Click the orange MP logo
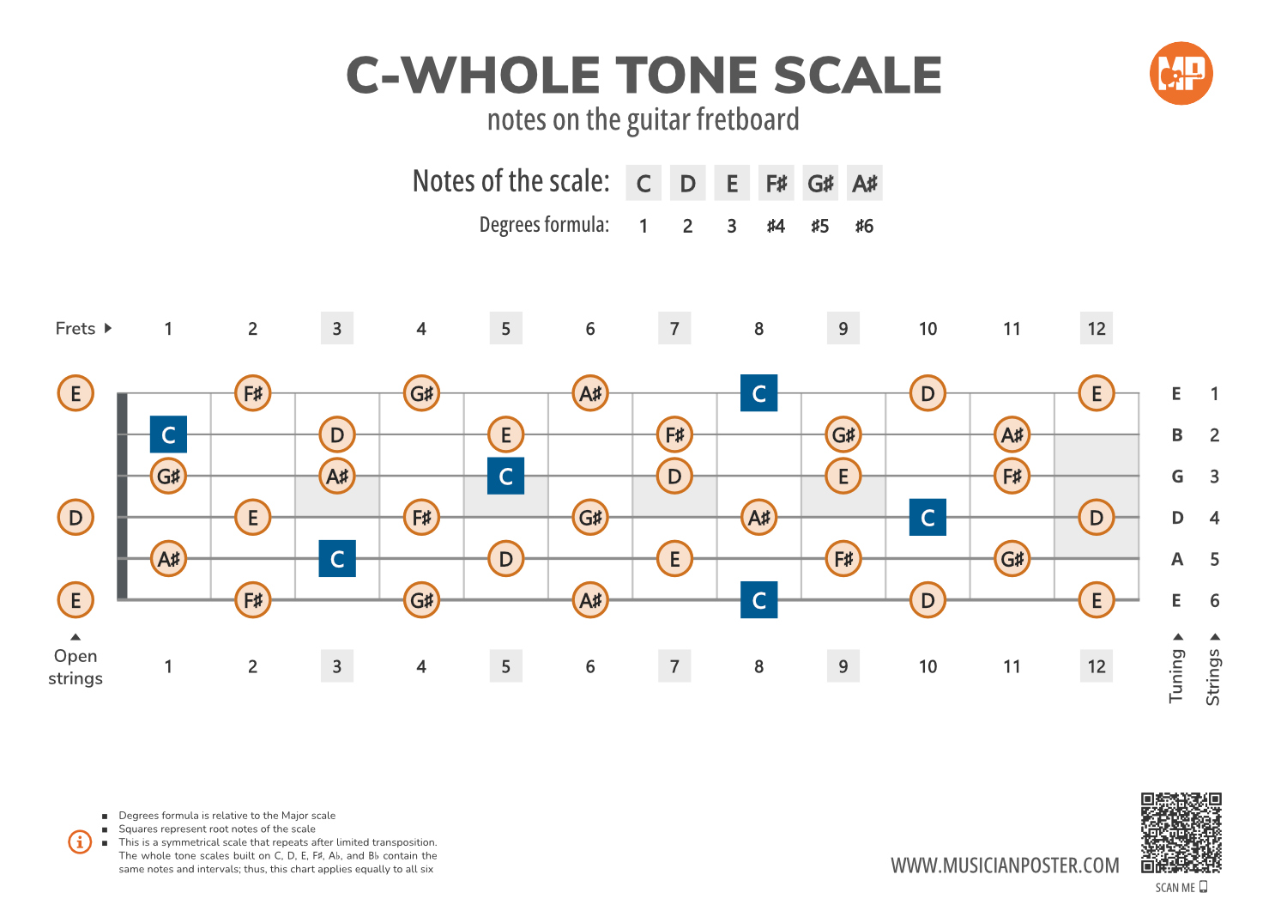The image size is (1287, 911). (x=1181, y=73)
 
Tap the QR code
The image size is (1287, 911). (x=1181, y=833)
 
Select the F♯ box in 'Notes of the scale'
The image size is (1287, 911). (x=776, y=183)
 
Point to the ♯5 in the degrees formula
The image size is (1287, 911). (x=819, y=226)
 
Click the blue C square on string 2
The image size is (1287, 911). (x=168, y=434)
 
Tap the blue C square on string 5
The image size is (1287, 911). (x=337, y=559)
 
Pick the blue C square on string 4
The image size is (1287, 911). (x=927, y=518)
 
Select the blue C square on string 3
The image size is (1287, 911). (x=505, y=476)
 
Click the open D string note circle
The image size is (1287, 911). (x=76, y=518)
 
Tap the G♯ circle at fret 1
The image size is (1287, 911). (x=168, y=476)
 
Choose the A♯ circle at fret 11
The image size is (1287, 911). (x=1012, y=434)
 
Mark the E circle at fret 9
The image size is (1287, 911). (x=843, y=476)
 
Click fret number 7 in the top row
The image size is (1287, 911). (x=674, y=328)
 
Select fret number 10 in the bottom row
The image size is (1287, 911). (x=927, y=666)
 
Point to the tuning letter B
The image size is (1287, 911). (x=1177, y=434)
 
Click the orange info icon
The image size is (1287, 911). (x=80, y=841)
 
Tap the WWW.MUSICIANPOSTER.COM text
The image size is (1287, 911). (x=1005, y=865)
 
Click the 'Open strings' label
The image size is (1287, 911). (x=76, y=666)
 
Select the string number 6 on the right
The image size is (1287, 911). (x=1214, y=600)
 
